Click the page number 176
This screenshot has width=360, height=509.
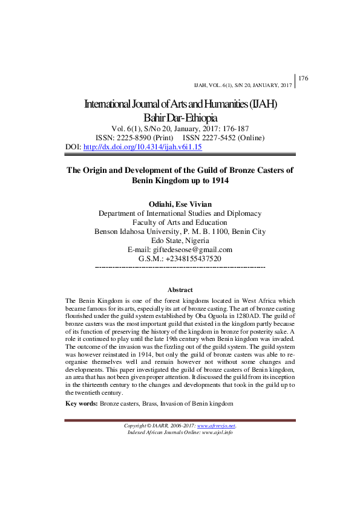coord(304,79)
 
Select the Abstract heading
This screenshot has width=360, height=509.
coord(180,290)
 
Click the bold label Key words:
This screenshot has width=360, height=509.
coord(81,403)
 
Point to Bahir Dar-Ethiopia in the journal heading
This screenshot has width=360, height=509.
coord(180,117)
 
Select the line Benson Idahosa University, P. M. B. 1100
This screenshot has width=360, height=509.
coord(180,232)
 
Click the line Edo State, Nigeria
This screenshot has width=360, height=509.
coord(180,241)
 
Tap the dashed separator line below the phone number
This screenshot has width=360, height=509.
coord(180,267)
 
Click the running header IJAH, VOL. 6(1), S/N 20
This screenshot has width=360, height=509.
coord(242,85)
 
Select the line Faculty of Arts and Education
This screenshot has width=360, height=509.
coord(180,222)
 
